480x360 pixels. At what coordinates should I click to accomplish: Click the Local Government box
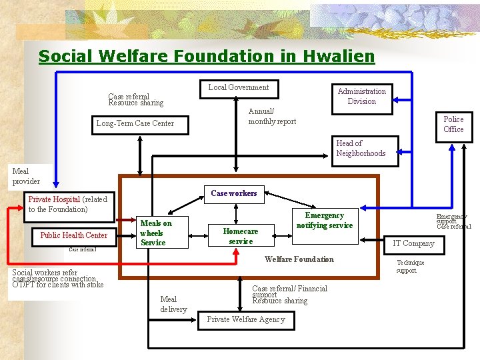239,87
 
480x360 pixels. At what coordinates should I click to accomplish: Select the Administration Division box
361,96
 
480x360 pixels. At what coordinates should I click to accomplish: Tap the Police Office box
453,124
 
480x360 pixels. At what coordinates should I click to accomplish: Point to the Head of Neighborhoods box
361,148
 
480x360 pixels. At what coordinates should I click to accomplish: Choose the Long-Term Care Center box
135,123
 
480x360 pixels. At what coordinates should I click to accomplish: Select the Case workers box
233,193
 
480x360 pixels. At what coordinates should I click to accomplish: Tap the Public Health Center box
73,235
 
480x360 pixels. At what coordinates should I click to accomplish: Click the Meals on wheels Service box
156,233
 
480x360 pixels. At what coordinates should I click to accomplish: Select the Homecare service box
240,236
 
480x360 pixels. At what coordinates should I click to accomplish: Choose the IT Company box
413,243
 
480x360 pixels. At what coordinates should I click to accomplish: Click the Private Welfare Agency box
246,319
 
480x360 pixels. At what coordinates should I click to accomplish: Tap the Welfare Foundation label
299,259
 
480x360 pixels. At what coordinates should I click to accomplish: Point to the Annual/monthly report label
272,116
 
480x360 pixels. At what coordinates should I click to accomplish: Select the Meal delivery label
173,304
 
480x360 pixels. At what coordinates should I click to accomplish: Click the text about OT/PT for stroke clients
58,279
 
